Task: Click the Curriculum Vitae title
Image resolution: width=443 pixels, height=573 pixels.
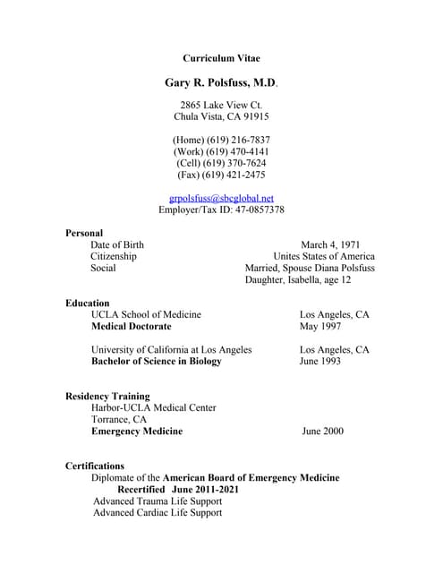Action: [221, 58]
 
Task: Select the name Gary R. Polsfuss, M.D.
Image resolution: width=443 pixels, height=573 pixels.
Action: [221, 83]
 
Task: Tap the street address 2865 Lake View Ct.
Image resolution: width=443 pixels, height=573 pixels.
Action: [221, 105]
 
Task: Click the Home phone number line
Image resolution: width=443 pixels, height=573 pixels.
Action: [221, 140]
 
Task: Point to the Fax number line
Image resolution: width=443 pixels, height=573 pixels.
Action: [221, 175]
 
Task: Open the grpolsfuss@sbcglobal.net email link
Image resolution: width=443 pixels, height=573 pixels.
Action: [221, 198]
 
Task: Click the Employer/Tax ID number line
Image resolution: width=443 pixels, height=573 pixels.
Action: [221, 210]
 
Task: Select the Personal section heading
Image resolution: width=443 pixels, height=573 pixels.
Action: [84, 233]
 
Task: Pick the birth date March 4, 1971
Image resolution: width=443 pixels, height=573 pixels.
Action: [330, 244]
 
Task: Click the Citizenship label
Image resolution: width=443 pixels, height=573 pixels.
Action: [114, 256]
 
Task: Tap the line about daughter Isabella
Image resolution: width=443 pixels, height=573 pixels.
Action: [298, 280]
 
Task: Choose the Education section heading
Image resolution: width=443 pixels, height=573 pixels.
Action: [88, 304]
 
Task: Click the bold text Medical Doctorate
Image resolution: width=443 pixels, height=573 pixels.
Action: [131, 327]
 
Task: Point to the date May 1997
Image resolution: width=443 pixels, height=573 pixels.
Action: [320, 327]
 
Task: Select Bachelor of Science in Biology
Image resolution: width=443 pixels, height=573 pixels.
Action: [156, 362]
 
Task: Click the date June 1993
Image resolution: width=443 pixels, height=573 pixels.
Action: [319, 362]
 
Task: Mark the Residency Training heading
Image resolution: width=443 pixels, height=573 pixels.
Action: [107, 396]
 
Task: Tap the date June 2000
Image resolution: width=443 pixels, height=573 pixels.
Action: [322, 432]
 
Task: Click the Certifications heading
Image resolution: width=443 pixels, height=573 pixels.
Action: [95, 466]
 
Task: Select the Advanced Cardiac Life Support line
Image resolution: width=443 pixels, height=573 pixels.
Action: [158, 513]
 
